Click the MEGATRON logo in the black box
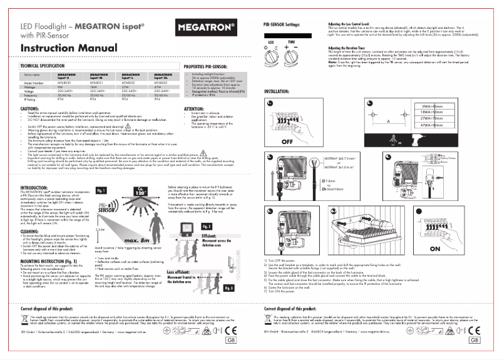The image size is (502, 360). pyautogui.click(x=207, y=28)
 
